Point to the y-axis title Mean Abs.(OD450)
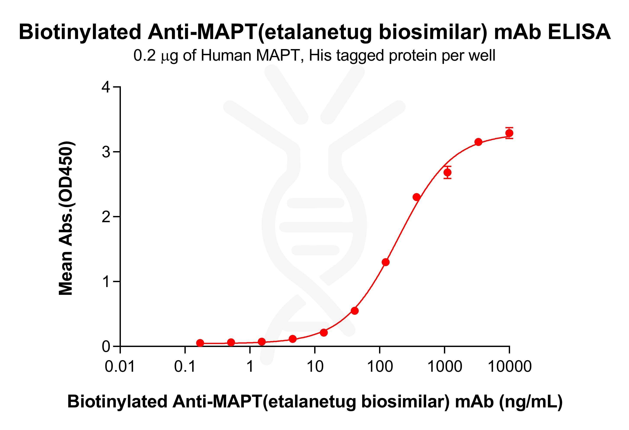pos(66,218)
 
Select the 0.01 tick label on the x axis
pos(120,367)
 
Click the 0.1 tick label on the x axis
pos(185,367)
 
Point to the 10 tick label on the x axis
pos(315,367)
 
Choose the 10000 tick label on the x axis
pos(509,367)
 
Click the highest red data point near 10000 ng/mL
pos(509,133)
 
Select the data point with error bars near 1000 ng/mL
pos(447,172)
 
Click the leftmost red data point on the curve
pos(200,343)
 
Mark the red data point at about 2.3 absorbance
pos(416,197)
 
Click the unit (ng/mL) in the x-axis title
pos(530,402)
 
